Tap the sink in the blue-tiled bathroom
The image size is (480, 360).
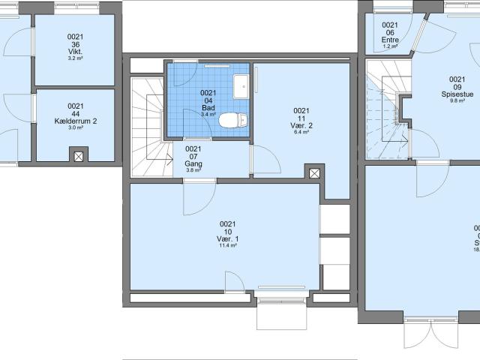pos(240,87)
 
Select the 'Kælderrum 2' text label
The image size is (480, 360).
pos(76,121)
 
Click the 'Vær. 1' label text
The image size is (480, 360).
pos(227,238)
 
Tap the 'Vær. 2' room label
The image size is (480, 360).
pos(301,126)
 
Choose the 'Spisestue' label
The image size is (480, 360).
pos(456,94)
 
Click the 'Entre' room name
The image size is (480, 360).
pos(389,40)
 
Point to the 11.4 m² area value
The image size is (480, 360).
pos(227,246)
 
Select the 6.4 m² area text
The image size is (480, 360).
pos(301,133)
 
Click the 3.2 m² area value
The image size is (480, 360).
pos(76,58)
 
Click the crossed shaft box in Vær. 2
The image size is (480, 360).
pos(314,173)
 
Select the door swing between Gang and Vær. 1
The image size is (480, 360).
pos(197,196)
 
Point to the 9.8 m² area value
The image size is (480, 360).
pos(456,101)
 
